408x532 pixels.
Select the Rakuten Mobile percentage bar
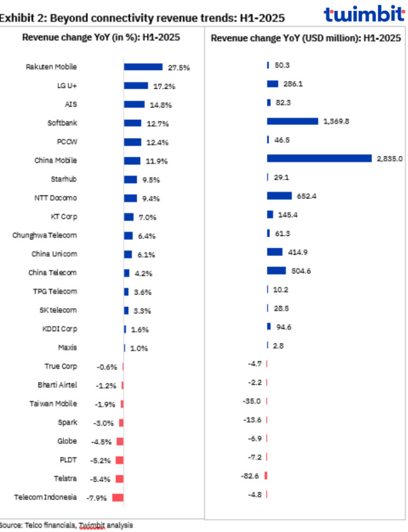point(143,67)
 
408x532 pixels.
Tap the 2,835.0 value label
point(389,158)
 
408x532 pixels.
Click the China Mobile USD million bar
point(319,158)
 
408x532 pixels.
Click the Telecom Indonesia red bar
point(118,497)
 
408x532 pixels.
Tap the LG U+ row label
point(67,86)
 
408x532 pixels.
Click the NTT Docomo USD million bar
point(279,196)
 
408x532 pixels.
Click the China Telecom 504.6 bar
point(276,271)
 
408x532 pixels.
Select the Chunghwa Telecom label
point(45,235)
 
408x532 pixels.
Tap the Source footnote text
point(66,525)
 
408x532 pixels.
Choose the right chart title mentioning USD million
point(306,38)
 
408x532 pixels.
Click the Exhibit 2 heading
point(142,18)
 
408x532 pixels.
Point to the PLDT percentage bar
point(119,460)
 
